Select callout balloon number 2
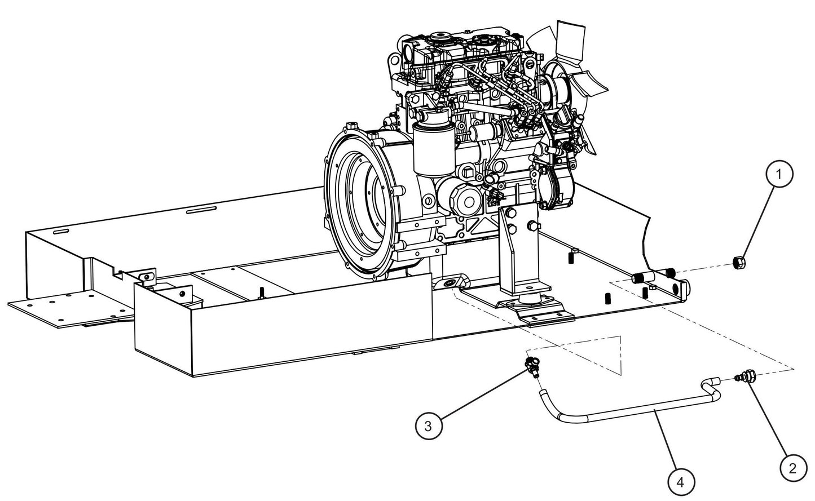point(793,468)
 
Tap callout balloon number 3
point(428,425)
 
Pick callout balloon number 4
point(681,482)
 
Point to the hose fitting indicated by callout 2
point(744,376)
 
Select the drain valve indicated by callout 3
point(532,366)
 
